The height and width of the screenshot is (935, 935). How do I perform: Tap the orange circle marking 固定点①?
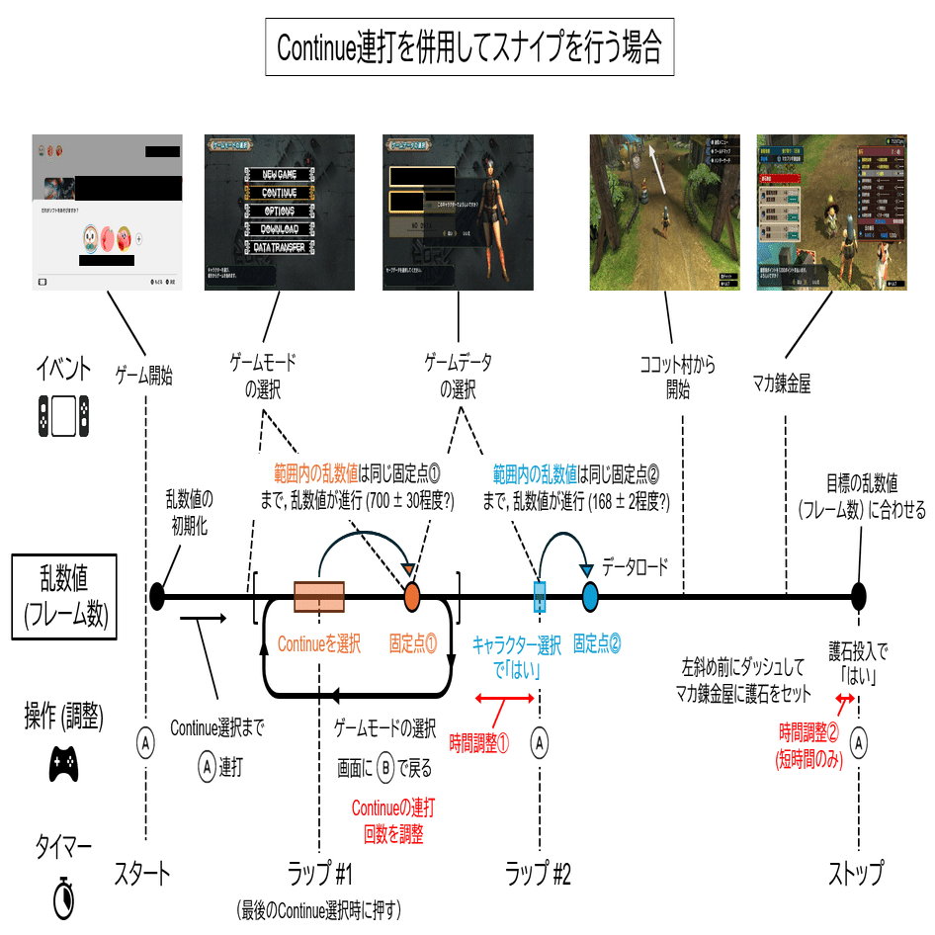point(412,597)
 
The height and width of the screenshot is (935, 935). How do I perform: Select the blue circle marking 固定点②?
point(590,597)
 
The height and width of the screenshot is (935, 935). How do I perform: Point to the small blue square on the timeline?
point(539,597)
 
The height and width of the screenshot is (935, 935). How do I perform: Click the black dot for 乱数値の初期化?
point(156,596)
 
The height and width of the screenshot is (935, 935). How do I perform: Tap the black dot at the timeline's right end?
point(859,596)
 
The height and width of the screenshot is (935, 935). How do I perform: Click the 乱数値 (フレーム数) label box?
point(63,597)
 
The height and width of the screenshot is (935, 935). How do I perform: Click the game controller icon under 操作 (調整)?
point(63,763)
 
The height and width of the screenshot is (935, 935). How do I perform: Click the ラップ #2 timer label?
point(539,874)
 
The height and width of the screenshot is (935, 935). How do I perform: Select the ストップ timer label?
point(856,874)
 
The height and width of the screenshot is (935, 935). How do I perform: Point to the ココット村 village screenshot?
point(666,212)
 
